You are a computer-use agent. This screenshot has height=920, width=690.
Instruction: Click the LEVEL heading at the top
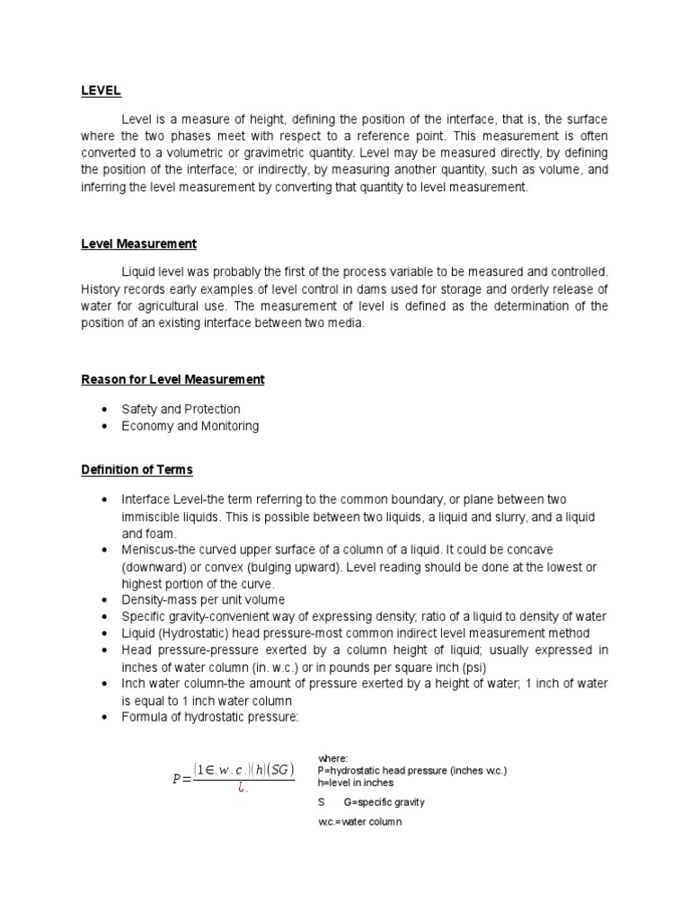pos(101,91)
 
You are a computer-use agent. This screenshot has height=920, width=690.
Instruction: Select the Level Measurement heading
pos(139,243)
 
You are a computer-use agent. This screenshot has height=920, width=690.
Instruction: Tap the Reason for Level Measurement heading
pos(172,379)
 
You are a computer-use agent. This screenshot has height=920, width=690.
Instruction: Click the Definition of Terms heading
pos(137,470)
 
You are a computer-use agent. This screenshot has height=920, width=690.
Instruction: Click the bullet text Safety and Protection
pos(181,410)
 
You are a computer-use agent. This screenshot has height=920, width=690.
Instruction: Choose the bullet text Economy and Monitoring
pos(190,426)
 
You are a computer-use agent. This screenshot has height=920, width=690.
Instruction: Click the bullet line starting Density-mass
pos(203,599)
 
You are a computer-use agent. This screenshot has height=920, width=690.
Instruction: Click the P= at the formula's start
pos(179,779)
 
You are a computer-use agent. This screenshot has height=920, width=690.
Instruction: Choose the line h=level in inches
pos(356,783)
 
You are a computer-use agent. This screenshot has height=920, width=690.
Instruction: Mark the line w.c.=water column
pos(353,821)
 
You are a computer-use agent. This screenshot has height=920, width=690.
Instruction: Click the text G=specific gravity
pos(384,801)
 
